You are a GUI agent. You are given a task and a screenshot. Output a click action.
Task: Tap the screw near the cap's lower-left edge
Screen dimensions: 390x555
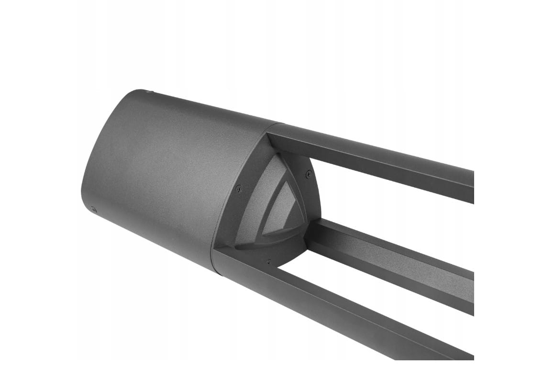93,209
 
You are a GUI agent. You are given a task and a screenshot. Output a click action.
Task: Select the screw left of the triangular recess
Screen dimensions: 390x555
239,189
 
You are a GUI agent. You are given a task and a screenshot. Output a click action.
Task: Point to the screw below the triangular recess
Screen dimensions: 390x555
269,261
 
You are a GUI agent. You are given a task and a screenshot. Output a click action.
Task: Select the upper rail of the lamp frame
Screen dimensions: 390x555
373,158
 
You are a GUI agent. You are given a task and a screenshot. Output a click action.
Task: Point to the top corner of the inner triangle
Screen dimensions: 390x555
284,184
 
